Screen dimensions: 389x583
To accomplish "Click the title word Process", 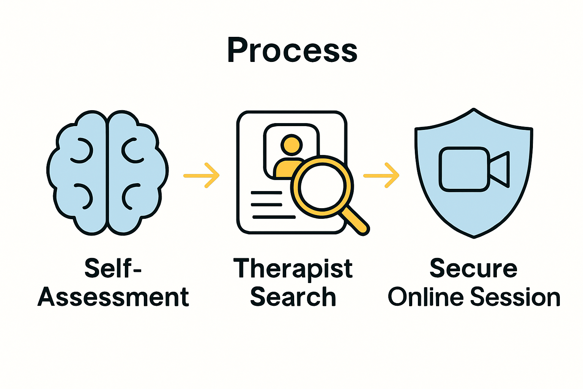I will (x=292, y=51).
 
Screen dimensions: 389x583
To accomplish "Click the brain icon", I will (x=108, y=173).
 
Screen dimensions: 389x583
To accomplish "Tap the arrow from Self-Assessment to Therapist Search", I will (x=202, y=175).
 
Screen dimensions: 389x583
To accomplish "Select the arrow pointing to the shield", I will (x=381, y=175).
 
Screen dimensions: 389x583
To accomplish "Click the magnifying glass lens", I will (x=322, y=187).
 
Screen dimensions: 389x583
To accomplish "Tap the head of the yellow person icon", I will (x=291, y=145).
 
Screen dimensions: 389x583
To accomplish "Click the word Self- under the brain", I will (x=113, y=268).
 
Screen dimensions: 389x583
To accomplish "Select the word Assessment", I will (x=113, y=297).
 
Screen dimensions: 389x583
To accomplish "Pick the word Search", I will (x=293, y=297).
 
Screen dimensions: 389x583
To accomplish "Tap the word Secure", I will (x=473, y=268).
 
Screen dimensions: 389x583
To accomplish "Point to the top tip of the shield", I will (x=474, y=110).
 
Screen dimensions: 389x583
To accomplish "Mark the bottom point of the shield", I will (x=474, y=237).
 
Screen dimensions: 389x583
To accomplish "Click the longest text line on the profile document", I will (x=274, y=217).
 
